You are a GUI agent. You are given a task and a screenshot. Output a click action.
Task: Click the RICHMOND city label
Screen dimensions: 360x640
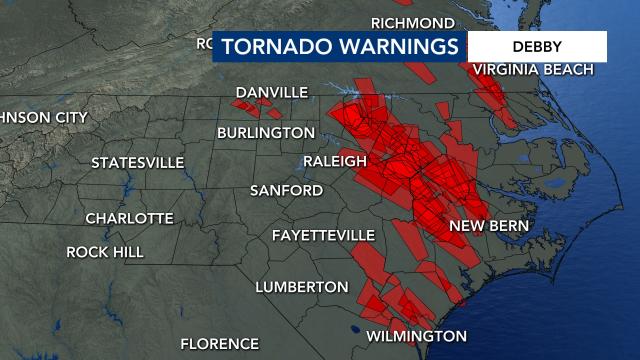tap(412, 22)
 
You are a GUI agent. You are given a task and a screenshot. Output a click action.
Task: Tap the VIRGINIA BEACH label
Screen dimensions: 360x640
tap(533, 69)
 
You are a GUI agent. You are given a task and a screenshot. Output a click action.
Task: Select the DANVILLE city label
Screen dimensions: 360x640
tap(271, 92)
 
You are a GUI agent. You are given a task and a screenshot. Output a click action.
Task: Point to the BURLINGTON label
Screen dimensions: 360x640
tap(266, 132)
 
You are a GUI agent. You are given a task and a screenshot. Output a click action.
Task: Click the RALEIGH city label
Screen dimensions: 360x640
tap(335, 161)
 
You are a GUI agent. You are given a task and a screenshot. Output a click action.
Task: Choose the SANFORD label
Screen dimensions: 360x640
tap(286, 190)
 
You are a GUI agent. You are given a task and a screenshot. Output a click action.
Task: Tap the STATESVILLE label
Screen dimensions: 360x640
tap(138, 162)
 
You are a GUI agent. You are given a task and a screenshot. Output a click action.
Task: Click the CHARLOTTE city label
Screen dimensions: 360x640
tap(129, 218)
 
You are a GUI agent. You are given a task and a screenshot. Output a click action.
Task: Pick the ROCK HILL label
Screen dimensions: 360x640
tap(105, 252)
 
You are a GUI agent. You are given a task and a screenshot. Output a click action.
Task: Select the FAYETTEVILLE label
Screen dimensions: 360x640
tap(323, 235)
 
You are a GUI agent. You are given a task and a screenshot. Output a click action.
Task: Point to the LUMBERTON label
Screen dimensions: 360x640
tap(301, 287)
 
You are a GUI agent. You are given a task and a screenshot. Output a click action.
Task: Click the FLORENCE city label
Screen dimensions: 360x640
tap(219, 344)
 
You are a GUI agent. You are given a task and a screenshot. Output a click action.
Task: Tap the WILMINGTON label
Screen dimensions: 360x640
tap(416, 336)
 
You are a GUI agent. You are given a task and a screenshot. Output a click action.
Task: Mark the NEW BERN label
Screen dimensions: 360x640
tap(488, 225)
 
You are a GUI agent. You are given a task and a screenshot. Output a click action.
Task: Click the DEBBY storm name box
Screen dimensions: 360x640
tap(537, 46)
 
